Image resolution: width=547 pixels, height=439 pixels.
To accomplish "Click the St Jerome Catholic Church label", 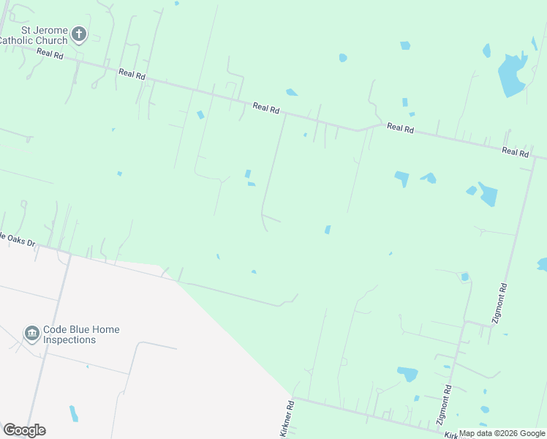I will tap(34, 35).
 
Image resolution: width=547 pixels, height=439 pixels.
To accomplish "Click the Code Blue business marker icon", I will tap(31, 334).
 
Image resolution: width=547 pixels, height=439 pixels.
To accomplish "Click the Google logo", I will tap(24, 430).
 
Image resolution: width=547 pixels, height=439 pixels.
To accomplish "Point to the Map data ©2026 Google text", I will tap(502, 433).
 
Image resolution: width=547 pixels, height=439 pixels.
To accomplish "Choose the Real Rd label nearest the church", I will tap(50, 54).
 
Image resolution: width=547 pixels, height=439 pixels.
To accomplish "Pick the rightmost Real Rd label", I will tap(515, 152).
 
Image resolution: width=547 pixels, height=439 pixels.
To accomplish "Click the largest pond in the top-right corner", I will tap(512, 75).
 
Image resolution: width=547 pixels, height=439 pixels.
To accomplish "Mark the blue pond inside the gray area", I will tap(74, 413).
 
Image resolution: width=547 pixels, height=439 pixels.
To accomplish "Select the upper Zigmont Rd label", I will tap(499, 303).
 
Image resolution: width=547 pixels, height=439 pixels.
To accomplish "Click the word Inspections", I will tap(69, 339).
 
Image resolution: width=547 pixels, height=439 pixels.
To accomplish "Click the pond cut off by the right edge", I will tap(543, 264).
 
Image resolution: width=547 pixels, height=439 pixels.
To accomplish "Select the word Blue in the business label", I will tap(82, 330).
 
